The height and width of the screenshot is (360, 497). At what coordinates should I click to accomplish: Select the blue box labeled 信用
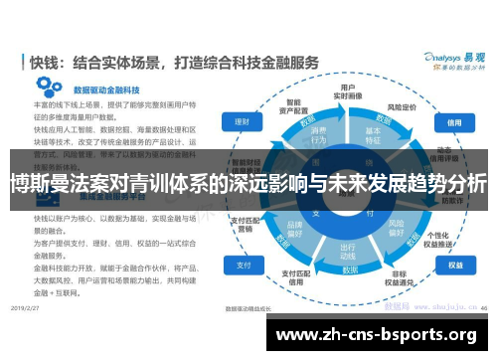(454, 123)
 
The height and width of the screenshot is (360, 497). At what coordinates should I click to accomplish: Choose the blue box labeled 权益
(454, 266)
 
